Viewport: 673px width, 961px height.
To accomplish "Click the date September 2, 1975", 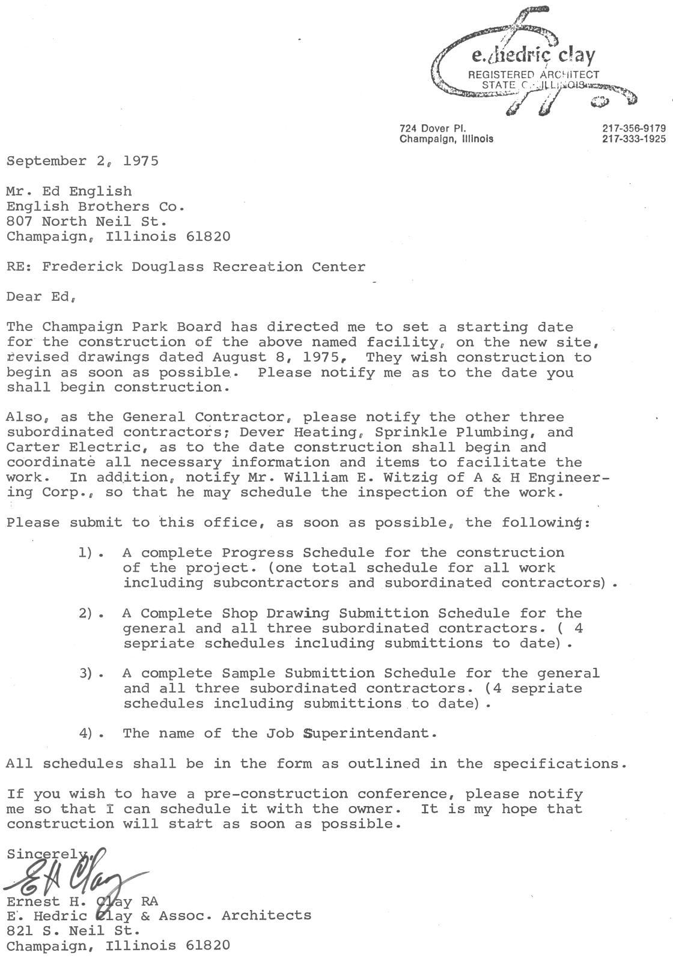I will point(82,161).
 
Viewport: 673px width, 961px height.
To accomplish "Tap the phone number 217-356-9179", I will point(633,128).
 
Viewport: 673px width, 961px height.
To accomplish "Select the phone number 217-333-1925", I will point(633,139).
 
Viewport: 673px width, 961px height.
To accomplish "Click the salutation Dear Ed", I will point(41,297).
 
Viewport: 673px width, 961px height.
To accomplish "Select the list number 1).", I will point(87,553).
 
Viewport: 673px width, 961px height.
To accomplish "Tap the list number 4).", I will point(87,733).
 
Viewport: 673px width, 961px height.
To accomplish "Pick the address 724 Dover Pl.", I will point(433,128).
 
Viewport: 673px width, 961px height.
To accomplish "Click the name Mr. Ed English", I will point(69,192).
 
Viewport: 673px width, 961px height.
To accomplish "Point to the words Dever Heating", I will point(311,432).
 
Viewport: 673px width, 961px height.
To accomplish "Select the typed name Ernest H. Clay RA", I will point(82,902).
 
